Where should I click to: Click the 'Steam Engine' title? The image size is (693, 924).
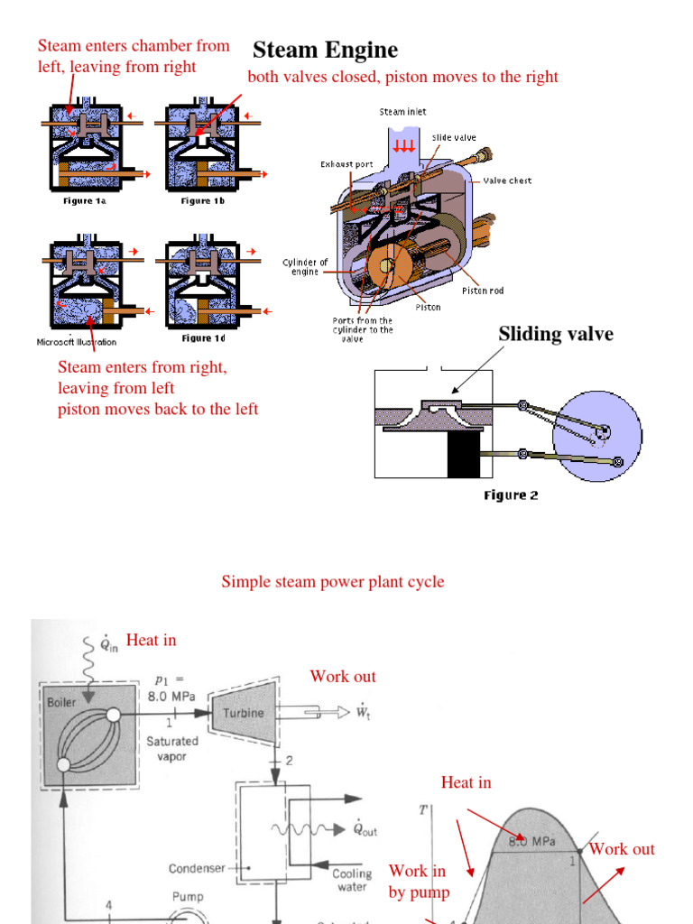point(325,50)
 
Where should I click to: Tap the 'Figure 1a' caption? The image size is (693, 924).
point(84,201)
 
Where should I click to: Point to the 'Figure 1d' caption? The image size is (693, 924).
point(203,338)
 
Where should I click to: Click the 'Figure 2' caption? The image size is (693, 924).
point(511,495)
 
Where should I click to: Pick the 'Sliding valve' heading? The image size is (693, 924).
point(556,334)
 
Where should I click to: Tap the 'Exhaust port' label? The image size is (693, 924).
point(346,164)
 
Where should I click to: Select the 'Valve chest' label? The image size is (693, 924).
point(507,180)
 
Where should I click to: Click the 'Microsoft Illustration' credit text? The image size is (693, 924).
point(77,342)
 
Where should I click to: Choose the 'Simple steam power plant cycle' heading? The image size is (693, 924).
point(333,582)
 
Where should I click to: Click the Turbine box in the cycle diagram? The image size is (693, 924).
point(245,713)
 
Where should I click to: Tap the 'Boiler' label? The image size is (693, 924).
point(62,701)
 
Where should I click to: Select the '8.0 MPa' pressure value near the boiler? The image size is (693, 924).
point(171,697)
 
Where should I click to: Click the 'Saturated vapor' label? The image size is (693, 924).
point(171,749)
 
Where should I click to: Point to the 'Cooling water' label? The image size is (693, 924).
point(352,880)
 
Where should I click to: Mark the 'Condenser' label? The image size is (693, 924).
point(196,869)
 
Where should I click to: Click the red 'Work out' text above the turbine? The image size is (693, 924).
point(343,677)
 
